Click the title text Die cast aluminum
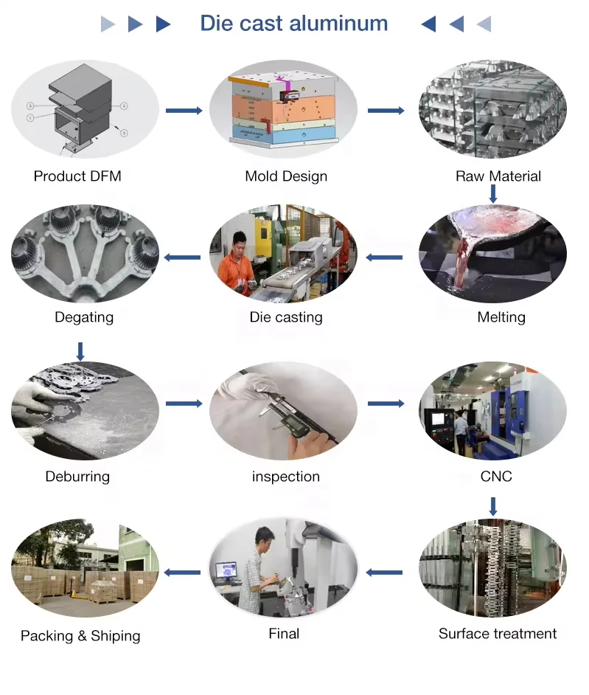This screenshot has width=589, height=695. click(x=293, y=24)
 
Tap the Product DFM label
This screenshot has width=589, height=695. click(x=77, y=176)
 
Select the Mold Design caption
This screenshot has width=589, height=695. click(x=286, y=176)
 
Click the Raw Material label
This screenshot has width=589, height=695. click(x=498, y=176)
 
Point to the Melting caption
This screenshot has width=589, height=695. click(x=501, y=317)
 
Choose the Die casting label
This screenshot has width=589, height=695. click(x=286, y=317)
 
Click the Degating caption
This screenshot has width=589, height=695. click(x=84, y=317)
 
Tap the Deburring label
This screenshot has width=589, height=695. click(x=77, y=477)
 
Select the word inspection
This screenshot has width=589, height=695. click(x=286, y=477)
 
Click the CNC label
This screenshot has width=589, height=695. click(x=496, y=477)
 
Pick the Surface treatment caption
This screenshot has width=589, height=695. click(x=498, y=634)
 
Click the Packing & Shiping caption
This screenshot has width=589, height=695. click(x=80, y=636)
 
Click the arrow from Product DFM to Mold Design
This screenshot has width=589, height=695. click(x=184, y=111)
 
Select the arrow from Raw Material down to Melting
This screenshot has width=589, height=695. click(x=493, y=194)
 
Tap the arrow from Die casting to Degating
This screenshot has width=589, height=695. click(x=182, y=257)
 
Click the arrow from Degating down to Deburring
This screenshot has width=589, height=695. click(x=80, y=350)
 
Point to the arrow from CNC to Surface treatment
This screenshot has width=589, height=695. click(x=493, y=507)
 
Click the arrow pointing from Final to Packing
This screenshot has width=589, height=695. click(x=182, y=573)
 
